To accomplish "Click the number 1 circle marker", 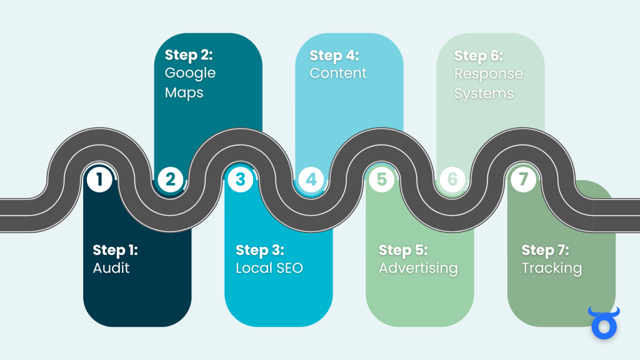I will (x=99, y=180).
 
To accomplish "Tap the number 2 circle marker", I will (x=170, y=180).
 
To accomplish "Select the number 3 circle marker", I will (x=241, y=180).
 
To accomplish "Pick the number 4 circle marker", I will (x=311, y=180).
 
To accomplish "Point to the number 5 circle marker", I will (x=382, y=180).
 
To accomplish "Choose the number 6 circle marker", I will (x=452, y=180).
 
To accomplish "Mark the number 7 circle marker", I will (x=523, y=180).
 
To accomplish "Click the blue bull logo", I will (x=603, y=322).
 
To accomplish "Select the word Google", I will (x=190, y=74).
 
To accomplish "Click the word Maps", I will (x=184, y=93).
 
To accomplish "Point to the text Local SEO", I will (x=269, y=269).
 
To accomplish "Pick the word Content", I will (x=338, y=73).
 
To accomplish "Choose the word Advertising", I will (x=418, y=269).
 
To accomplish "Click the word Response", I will (x=488, y=74).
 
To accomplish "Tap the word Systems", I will (x=484, y=94).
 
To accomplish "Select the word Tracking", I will (x=552, y=269).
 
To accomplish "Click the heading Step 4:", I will (x=334, y=56).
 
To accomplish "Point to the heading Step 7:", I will (x=546, y=251).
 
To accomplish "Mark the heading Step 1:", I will (x=116, y=251).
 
